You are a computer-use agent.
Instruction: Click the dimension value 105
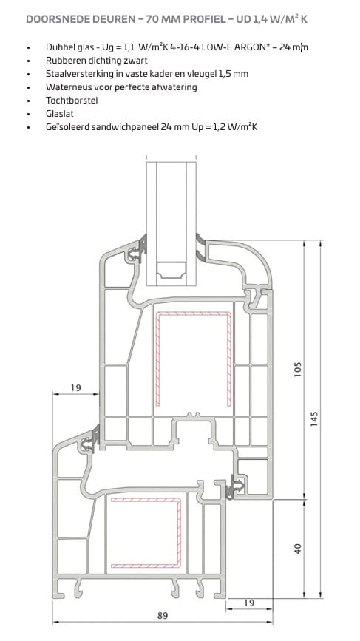click(x=298, y=369)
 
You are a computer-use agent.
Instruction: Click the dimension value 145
click(x=314, y=418)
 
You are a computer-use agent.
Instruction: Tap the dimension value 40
click(x=298, y=548)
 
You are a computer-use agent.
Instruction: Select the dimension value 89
click(x=163, y=615)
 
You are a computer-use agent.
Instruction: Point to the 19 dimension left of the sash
click(x=76, y=387)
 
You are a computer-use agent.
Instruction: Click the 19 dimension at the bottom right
click(x=249, y=603)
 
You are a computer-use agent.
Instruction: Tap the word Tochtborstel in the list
click(x=72, y=100)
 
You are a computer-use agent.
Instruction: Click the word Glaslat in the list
click(x=60, y=114)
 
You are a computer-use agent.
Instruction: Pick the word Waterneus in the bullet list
click(x=66, y=87)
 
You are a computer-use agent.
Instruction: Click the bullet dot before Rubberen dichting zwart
click(x=28, y=61)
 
